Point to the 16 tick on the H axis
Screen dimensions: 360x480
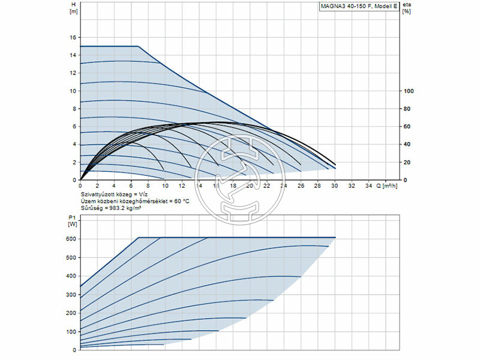(x=73, y=37)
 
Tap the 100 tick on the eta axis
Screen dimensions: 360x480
(x=409, y=91)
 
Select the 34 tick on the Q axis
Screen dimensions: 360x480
(x=369, y=186)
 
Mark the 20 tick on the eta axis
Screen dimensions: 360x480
(x=407, y=163)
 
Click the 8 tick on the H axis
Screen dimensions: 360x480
(x=74, y=109)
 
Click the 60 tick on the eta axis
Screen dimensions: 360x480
(x=407, y=127)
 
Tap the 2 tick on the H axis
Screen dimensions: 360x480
(x=74, y=163)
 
